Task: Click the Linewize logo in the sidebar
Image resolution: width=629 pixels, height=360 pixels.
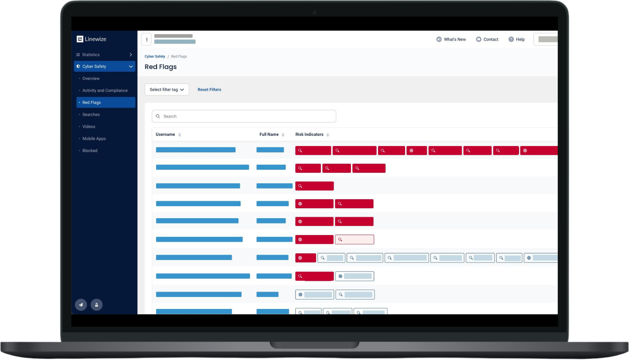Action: click(92, 39)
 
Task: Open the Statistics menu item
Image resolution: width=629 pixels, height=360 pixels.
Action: click(91, 55)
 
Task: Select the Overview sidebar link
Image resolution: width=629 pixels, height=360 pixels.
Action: click(91, 78)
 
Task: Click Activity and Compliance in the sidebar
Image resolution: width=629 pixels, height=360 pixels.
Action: click(105, 90)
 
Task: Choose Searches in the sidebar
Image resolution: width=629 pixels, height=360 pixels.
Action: click(91, 114)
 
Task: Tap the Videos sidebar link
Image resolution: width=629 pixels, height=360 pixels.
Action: click(89, 127)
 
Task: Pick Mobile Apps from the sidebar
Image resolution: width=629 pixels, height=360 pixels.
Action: click(94, 139)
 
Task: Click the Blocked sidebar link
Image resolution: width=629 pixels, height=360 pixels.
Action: click(90, 151)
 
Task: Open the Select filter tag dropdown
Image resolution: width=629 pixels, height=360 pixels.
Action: click(167, 90)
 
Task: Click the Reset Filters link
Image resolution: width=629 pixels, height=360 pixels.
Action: click(209, 90)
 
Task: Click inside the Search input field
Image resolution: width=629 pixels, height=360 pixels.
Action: click(244, 116)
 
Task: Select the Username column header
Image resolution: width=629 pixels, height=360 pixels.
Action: click(165, 135)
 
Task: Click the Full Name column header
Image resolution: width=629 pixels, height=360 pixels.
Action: click(269, 135)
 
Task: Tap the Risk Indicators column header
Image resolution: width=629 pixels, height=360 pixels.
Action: click(309, 135)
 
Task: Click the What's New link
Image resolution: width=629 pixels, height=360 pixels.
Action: click(451, 39)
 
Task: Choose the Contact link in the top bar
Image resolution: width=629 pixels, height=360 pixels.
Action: click(487, 39)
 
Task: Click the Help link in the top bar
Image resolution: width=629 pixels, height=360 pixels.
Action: click(517, 39)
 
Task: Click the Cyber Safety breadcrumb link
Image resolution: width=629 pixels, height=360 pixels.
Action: click(155, 57)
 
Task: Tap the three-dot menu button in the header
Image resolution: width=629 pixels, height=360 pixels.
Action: click(147, 39)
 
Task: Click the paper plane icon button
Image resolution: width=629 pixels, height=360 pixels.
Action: click(81, 305)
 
